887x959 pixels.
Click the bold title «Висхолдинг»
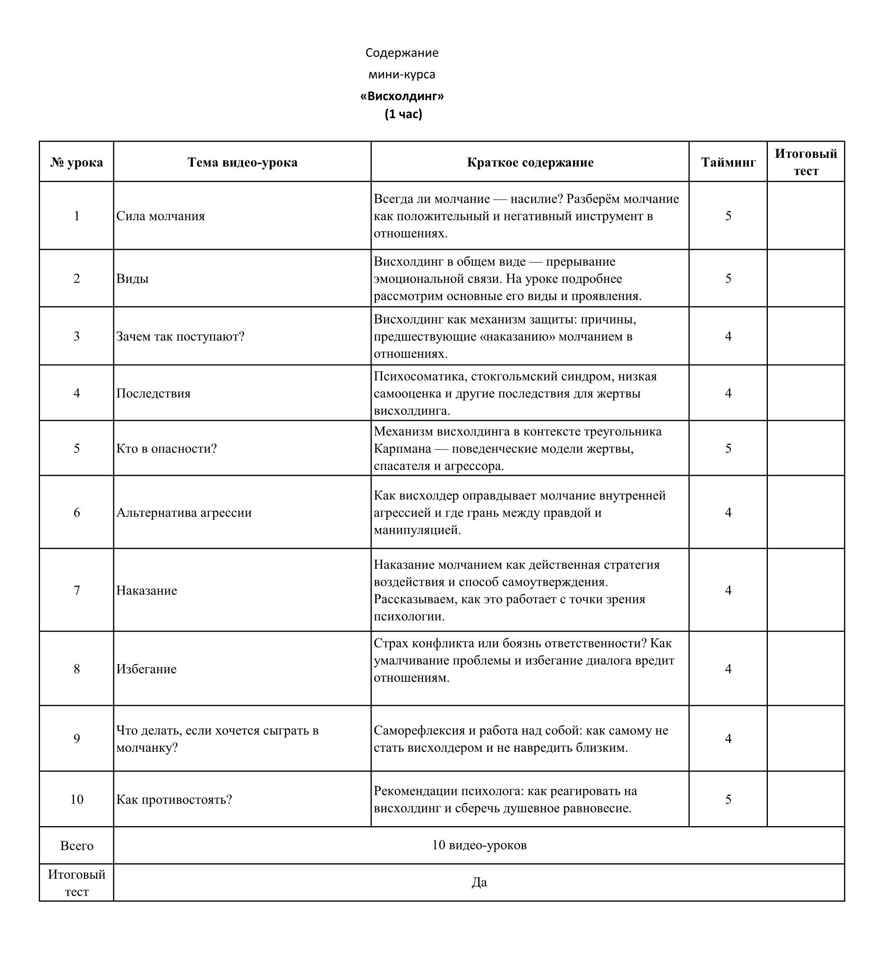pos(402,96)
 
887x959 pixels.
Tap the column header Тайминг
pos(728,163)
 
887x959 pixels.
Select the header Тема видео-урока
pos(242,163)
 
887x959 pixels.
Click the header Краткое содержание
pos(530,163)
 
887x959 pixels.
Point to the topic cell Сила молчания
pos(160,216)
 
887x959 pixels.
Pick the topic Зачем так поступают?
pos(180,337)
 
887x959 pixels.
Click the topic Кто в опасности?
pos(166,449)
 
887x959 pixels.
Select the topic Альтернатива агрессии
pos(184,513)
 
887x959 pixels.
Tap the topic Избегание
pos(146,670)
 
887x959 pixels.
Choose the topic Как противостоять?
pos(174,800)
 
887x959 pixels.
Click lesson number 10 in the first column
pos(77,800)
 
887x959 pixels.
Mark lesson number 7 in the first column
pos(77,591)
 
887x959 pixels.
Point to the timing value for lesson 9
pos(728,739)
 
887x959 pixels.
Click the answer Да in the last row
pos(479,883)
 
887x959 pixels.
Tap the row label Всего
pos(77,846)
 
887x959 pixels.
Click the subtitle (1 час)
pos(403,114)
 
